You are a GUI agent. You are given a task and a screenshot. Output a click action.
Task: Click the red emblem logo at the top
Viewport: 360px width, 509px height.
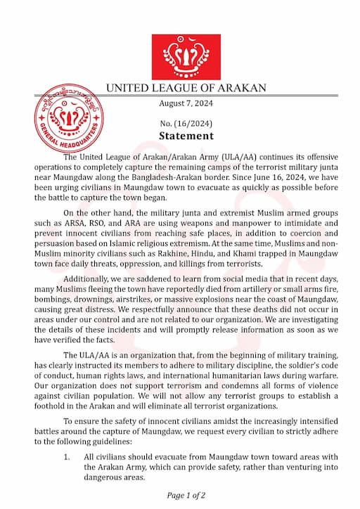tap(186, 56)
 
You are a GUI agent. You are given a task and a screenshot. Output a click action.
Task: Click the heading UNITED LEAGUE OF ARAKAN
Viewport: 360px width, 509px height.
tap(186, 89)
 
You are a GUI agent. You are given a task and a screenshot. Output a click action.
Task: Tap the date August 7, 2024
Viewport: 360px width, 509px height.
tap(186, 104)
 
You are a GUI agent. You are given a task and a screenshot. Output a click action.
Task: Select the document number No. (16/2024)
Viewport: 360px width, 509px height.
tap(186, 122)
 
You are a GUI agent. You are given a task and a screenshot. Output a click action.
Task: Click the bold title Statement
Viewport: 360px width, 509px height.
tap(186, 136)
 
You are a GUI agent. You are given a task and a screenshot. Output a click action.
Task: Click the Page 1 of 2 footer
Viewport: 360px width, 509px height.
tap(186, 494)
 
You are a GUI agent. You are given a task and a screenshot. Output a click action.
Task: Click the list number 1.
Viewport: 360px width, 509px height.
tap(67, 457)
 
